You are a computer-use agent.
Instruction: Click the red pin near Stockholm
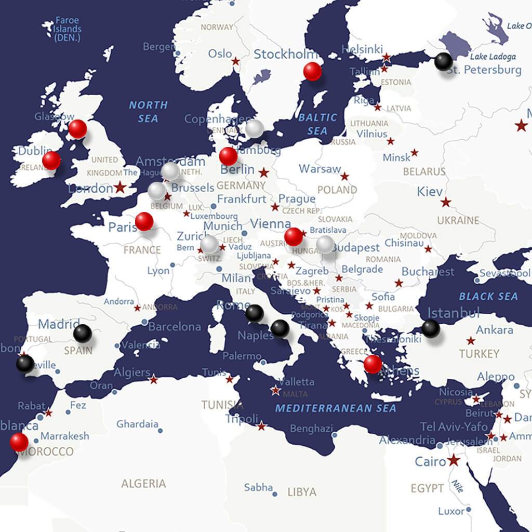point(312,71)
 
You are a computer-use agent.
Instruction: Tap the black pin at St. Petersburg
point(443,62)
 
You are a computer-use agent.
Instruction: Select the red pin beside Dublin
point(51,161)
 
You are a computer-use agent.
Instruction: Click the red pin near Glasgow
point(78,128)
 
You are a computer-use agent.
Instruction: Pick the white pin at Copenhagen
point(254,128)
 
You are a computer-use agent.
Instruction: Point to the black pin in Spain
point(82,333)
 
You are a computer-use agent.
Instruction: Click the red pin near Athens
point(373,364)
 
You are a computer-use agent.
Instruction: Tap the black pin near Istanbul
point(431,328)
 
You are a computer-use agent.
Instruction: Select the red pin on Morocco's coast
point(19,442)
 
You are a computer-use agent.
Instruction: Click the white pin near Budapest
point(325,244)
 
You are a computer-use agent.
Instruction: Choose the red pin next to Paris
point(144,221)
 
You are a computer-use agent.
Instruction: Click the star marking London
point(121,187)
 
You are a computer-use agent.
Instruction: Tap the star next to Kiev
point(446,202)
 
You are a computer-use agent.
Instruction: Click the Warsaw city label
point(320,169)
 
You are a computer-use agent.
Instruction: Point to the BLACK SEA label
point(488,296)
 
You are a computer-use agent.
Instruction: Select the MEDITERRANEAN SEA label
point(336,408)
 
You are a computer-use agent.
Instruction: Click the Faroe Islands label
point(68,29)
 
